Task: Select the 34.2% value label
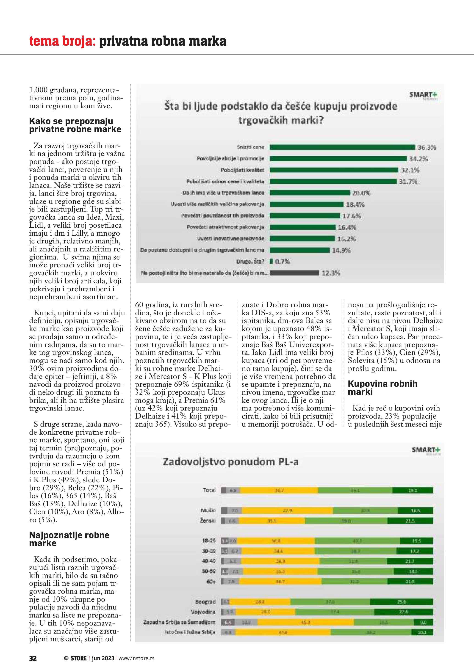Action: point(418,159)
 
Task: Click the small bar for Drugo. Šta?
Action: point(271,262)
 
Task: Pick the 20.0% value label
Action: point(361,193)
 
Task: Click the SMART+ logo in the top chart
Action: point(423,95)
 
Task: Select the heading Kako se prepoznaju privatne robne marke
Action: point(75,125)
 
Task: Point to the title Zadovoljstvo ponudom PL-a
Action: point(230,462)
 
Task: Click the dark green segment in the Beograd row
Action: point(401,602)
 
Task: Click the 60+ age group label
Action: point(211,581)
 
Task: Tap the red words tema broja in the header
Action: point(62,41)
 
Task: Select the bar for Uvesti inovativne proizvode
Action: point(302,239)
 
